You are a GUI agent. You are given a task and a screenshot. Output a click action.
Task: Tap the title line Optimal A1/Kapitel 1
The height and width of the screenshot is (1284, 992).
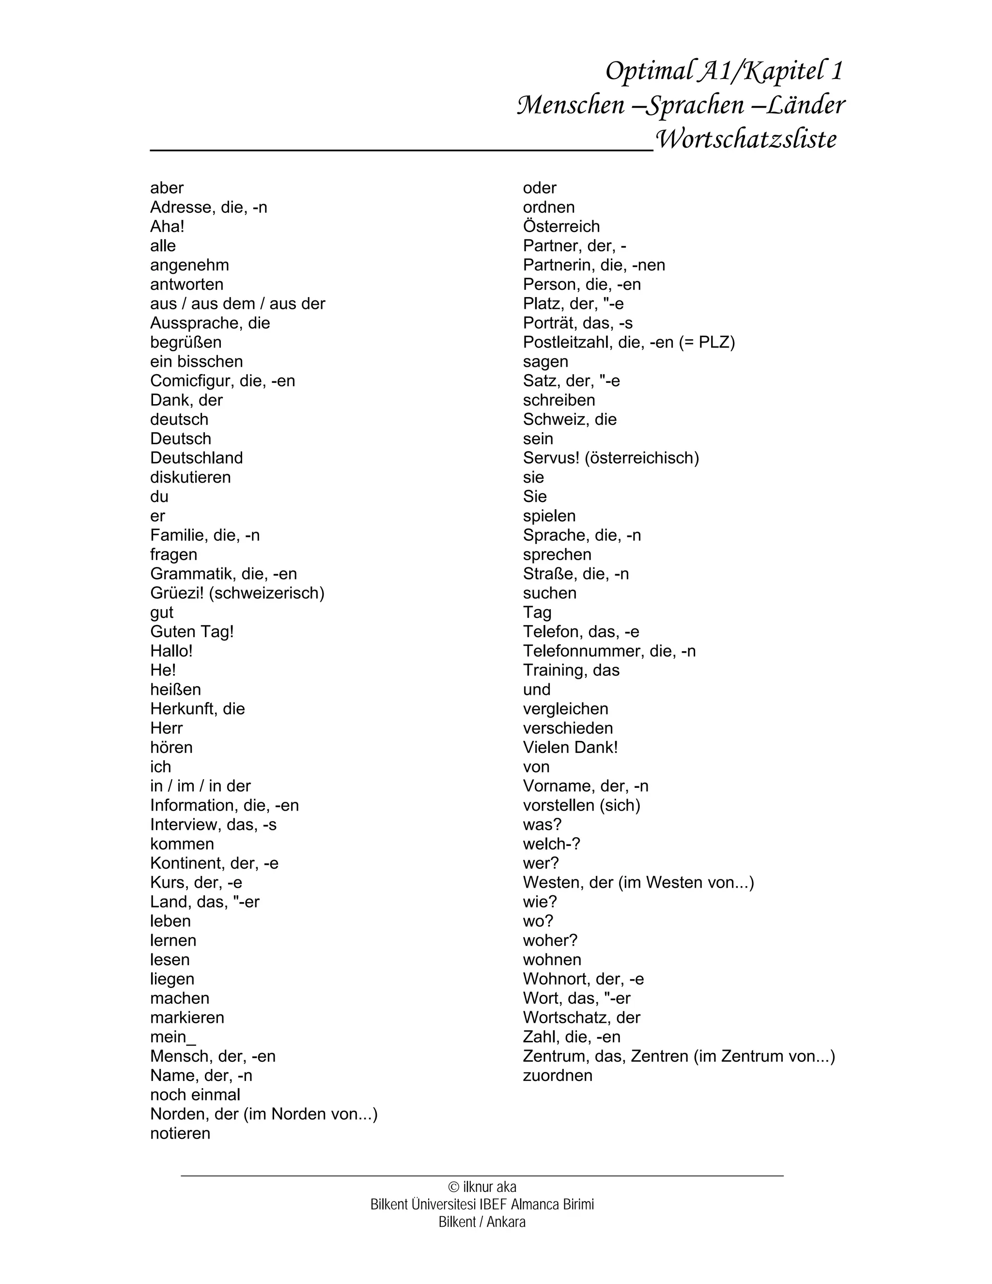click(x=724, y=71)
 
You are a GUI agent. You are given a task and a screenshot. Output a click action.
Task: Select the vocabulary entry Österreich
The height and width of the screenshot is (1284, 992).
click(x=561, y=226)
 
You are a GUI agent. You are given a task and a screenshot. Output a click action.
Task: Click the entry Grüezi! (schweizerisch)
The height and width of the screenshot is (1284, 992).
click(x=237, y=593)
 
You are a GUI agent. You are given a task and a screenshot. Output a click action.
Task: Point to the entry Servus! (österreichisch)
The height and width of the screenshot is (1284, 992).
click(x=611, y=457)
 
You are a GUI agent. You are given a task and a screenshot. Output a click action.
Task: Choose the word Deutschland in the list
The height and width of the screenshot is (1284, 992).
click(x=196, y=457)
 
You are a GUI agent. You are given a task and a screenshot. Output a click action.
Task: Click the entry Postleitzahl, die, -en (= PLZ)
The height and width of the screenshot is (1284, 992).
click(x=629, y=342)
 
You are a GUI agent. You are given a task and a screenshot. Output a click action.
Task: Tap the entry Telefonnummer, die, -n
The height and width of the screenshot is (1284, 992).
click(x=609, y=651)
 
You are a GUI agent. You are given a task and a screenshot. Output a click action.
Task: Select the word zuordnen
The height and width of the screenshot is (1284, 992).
click(x=557, y=1075)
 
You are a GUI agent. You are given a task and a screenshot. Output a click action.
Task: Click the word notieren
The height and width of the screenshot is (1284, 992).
click(x=180, y=1133)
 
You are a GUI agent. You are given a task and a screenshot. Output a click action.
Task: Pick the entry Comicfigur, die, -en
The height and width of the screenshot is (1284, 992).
click(x=222, y=380)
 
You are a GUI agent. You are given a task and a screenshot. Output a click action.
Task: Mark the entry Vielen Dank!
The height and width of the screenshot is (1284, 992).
click(x=570, y=747)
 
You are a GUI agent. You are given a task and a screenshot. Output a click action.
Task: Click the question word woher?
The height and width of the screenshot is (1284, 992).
click(x=550, y=940)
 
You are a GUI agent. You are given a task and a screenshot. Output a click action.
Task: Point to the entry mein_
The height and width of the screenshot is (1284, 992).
click(x=173, y=1036)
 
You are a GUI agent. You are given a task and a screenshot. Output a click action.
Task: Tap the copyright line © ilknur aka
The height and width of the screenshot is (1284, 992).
click(x=482, y=1187)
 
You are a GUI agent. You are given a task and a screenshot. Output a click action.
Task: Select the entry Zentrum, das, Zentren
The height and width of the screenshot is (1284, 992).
click(x=678, y=1056)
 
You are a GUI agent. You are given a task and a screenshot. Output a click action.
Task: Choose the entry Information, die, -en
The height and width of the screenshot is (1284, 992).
click(x=224, y=805)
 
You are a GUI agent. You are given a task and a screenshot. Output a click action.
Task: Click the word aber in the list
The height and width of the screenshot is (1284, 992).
click(x=167, y=188)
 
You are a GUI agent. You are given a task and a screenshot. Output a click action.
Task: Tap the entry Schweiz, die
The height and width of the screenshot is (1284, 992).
click(x=570, y=419)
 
